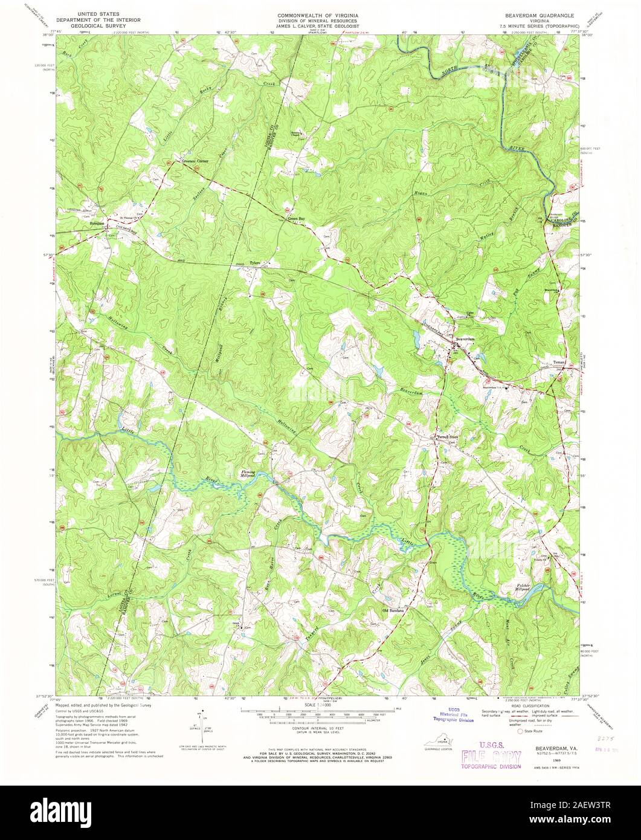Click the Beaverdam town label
point(469,339)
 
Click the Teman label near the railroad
point(559,362)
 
